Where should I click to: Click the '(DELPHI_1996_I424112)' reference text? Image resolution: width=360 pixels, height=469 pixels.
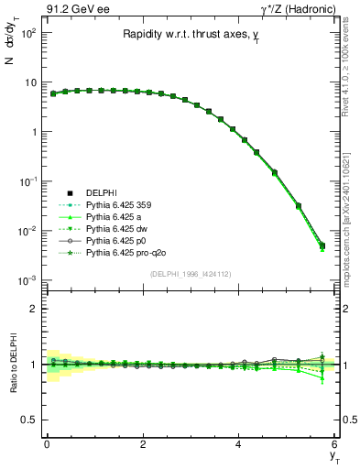pyautogui.click(x=191, y=272)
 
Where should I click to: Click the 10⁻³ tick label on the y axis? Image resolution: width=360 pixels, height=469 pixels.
pyautogui.click(x=27, y=279)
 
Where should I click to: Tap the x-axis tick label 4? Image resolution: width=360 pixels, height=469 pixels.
pyautogui.click(x=238, y=444)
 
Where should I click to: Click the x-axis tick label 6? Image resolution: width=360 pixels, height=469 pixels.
pyautogui.click(x=334, y=444)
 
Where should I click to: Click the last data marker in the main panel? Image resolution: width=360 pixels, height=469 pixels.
pyautogui.click(x=322, y=245)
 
